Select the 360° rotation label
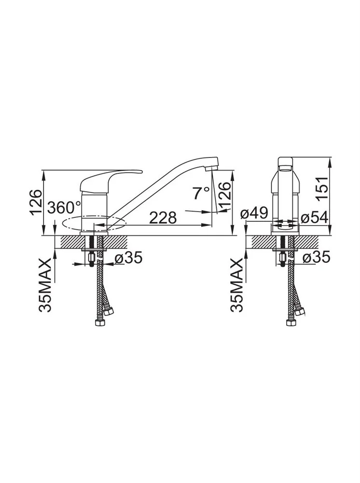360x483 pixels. point(65,207)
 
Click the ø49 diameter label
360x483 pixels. point(255,213)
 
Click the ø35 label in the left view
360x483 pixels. point(129,257)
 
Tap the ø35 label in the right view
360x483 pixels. point(316,257)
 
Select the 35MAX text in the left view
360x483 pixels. point(45,285)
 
